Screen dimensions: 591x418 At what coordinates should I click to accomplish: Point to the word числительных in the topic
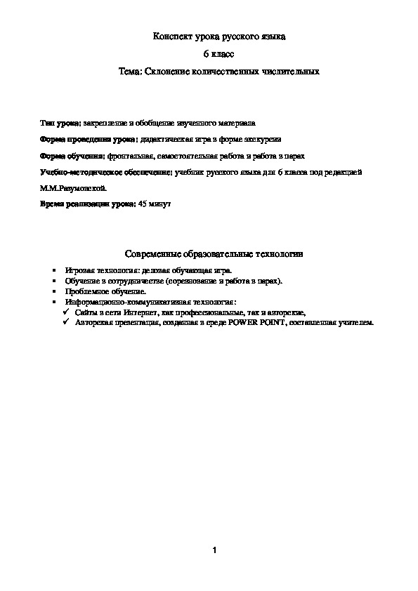pos(291,72)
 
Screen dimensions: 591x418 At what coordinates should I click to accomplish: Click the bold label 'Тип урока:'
pos(61,121)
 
